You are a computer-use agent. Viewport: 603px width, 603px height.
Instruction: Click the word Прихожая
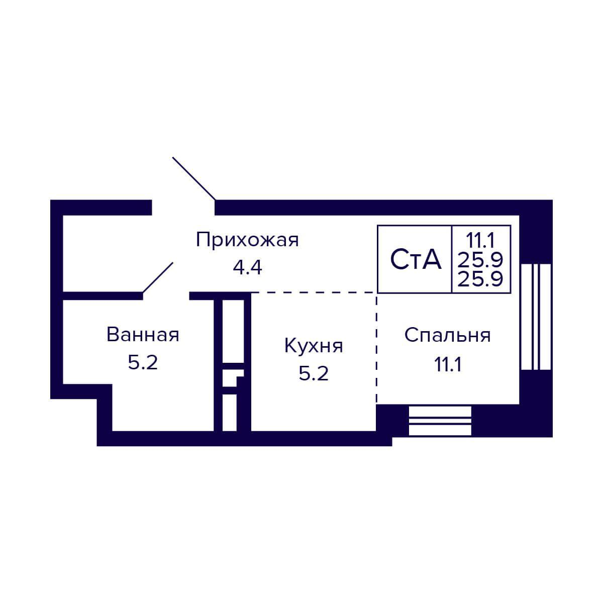247,240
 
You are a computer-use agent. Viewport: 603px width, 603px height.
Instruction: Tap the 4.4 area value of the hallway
247,268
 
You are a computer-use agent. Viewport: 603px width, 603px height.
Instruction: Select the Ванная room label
143,335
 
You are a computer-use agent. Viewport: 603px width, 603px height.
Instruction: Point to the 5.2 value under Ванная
143,363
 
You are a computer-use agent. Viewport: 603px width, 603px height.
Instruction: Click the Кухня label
314,346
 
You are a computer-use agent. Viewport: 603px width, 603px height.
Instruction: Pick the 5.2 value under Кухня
314,374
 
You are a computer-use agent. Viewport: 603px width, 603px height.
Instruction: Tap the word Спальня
447,335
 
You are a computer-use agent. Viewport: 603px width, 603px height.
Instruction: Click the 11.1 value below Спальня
448,363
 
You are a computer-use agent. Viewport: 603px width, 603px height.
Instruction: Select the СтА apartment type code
416,260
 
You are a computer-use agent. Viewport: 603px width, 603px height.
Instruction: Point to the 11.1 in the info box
481,237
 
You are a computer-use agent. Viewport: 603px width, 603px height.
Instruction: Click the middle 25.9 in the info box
481,259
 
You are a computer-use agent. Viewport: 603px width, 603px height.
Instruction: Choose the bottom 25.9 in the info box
481,278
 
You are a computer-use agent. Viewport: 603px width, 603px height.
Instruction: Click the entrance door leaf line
194,178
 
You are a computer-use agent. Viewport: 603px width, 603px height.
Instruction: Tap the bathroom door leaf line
158,277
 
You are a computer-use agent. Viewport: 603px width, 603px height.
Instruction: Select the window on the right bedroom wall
536,317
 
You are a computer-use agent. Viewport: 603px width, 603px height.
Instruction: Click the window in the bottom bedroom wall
440,421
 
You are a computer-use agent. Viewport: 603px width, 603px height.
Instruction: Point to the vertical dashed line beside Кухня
376,347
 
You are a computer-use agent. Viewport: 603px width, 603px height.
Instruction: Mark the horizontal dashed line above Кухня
314,292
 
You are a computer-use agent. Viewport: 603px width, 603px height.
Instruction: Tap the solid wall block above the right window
536,231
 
